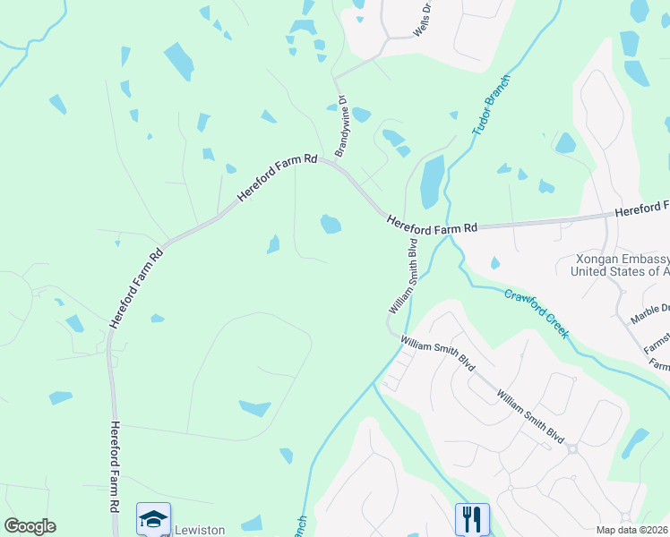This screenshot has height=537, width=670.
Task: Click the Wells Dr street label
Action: point(422,20)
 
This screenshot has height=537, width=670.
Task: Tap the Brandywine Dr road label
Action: point(340,124)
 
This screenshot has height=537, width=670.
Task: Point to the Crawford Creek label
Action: point(537,312)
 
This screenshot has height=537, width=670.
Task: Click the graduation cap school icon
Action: point(153,519)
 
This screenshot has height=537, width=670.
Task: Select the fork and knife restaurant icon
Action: point(472,518)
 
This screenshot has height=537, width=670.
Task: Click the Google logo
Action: point(30,526)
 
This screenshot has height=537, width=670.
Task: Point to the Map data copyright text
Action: point(631,529)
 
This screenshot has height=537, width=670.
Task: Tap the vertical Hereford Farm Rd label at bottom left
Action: point(116,478)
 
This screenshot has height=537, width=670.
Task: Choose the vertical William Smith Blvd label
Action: point(404,276)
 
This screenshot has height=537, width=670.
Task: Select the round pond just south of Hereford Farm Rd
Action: point(331,223)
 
